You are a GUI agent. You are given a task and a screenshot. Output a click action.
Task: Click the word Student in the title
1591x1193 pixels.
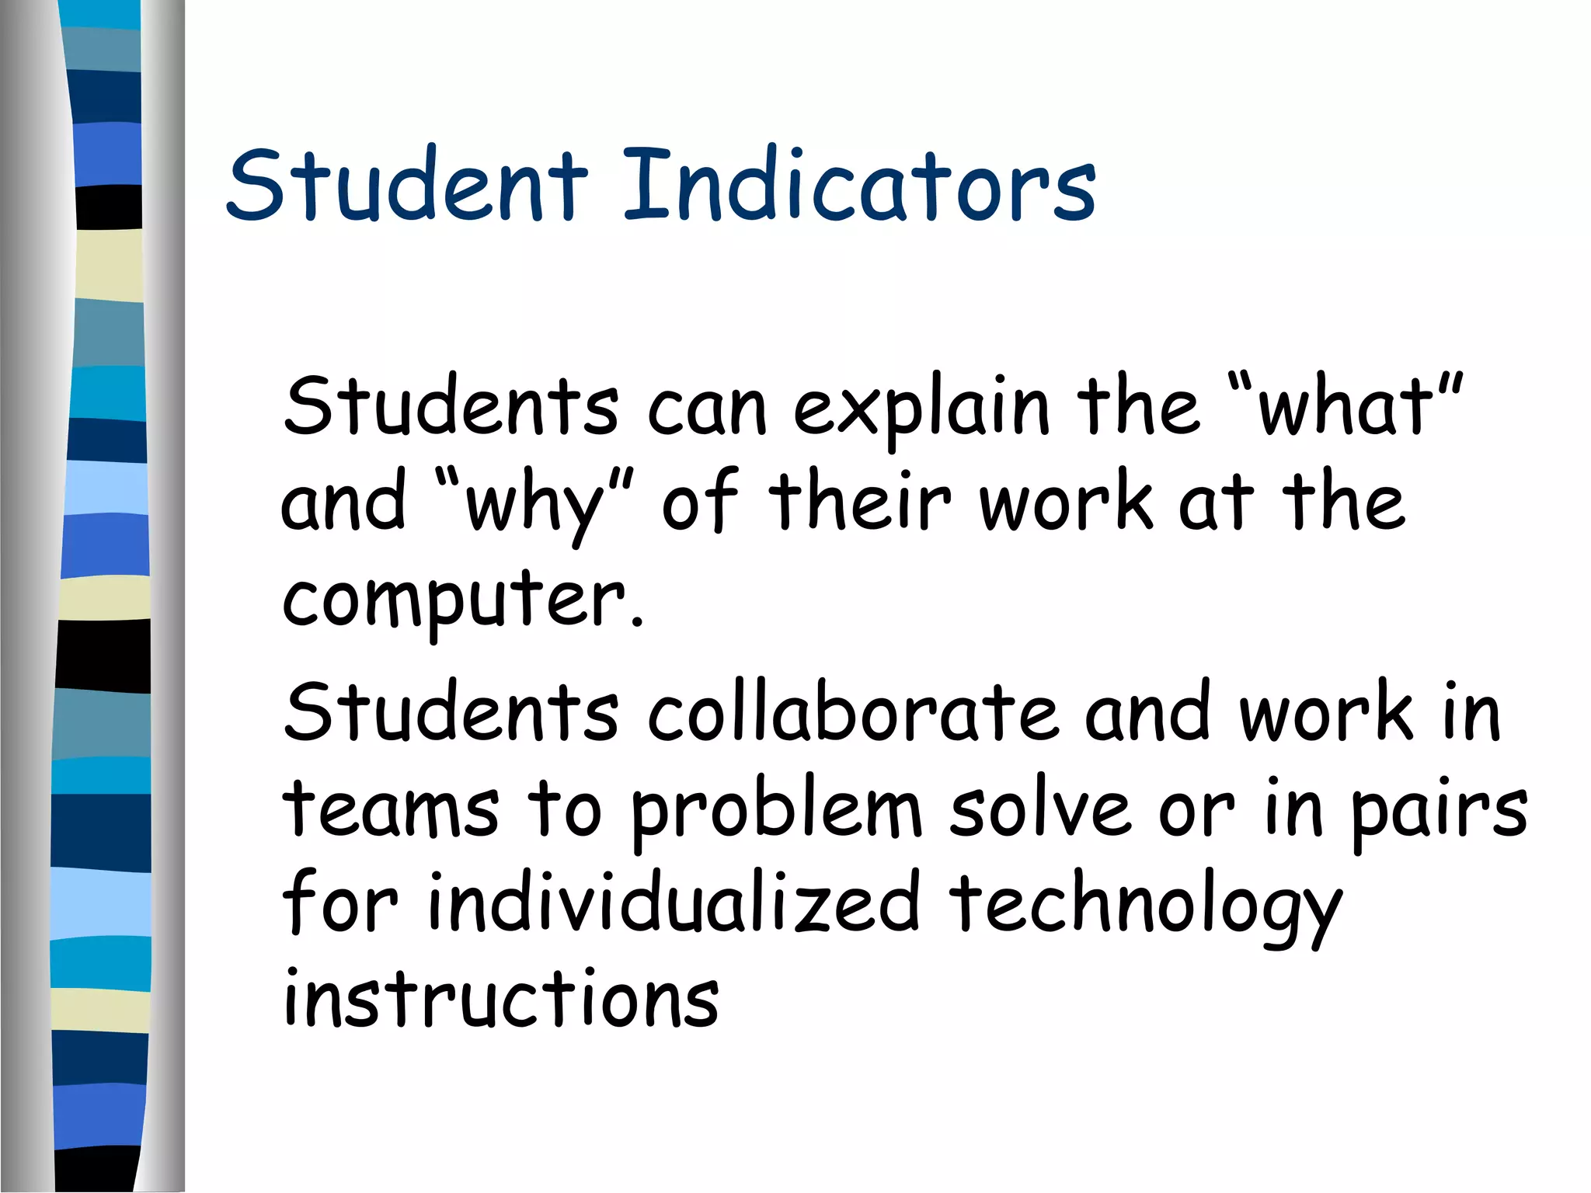tap(407, 185)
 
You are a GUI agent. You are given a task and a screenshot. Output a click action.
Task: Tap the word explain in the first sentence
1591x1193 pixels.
tap(920, 409)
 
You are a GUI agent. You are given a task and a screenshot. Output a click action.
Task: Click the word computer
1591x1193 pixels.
tap(453, 600)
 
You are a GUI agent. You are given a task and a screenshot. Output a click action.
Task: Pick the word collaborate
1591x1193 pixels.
tap(852, 712)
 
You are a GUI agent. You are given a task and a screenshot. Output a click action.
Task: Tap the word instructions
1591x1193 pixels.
tap(501, 1000)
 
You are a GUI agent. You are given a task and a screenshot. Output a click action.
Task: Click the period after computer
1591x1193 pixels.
tap(638, 621)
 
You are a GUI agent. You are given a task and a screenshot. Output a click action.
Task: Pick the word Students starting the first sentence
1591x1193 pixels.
tap(451, 407)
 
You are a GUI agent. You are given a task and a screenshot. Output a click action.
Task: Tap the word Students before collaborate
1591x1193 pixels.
tap(451, 712)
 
